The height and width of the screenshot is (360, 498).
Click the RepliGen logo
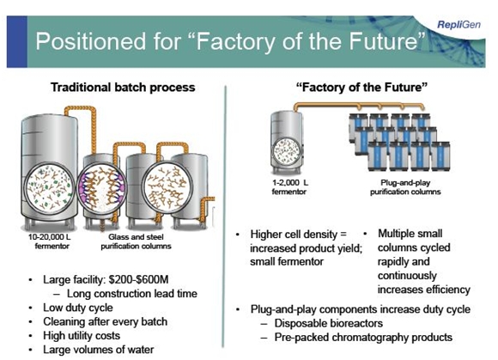point(459,24)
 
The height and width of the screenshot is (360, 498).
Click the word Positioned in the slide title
point(91,41)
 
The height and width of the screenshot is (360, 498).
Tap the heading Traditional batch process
point(123,88)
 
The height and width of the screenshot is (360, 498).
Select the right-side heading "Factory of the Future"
point(361,87)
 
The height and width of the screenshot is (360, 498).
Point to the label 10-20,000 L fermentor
point(50,241)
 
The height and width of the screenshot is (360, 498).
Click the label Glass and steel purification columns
point(136,241)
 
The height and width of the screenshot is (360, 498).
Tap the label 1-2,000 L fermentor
point(289,186)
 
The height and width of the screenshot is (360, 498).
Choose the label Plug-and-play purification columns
point(405,186)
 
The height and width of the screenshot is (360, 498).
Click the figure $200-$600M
point(138,279)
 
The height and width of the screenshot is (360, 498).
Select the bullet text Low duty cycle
point(78,308)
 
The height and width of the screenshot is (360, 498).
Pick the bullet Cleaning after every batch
point(105,321)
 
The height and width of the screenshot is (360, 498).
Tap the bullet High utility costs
point(82,336)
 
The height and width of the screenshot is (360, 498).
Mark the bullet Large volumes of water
point(99,350)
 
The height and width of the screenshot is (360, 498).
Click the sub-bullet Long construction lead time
point(132,294)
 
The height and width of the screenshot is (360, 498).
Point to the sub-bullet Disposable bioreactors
point(329,323)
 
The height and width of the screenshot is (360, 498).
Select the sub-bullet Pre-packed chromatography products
point(363,337)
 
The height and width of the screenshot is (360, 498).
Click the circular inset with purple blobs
point(101,187)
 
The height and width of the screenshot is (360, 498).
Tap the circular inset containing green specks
point(50,187)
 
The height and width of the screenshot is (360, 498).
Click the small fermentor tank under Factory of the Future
point(287,142)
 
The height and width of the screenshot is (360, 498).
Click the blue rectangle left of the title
point(17,41)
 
